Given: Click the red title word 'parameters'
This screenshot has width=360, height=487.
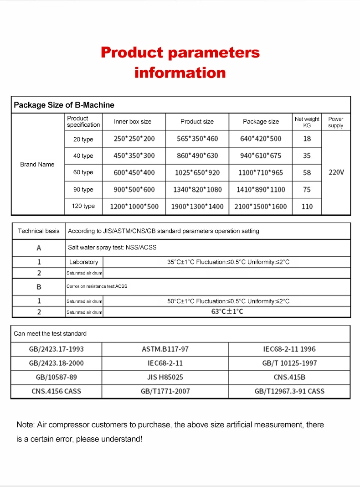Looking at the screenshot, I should point(214,52).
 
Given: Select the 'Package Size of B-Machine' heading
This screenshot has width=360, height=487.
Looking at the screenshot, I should point(64,105).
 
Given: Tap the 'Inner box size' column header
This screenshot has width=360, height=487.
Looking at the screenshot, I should point(133,122).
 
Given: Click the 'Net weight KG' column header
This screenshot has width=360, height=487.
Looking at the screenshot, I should point(307,122).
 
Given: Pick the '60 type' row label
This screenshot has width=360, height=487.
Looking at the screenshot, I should point(83,172).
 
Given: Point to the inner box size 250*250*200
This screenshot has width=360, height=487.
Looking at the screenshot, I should point(134,139).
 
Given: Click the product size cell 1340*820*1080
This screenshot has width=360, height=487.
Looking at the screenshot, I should point(197,189).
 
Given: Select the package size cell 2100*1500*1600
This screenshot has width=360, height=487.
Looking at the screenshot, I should point(261,206).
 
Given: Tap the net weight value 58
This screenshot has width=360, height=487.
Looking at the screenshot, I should point(307,172).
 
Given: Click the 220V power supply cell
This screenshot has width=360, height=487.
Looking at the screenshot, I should point(336,172).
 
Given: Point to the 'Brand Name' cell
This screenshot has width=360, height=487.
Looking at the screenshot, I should point(37,164).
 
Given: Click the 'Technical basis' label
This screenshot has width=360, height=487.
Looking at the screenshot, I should point(39,231).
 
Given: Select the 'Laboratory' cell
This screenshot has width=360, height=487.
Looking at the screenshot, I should point(84,262).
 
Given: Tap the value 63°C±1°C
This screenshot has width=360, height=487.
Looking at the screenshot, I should point(227,312).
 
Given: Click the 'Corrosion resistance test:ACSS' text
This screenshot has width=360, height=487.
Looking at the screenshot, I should point(97,286).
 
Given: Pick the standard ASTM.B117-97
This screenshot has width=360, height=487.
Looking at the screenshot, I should point(165,349).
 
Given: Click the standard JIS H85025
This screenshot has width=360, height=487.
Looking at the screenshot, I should point(165,377).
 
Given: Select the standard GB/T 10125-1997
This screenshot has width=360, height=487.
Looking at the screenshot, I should point(289,363).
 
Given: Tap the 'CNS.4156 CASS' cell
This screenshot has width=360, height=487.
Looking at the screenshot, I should point(57,391).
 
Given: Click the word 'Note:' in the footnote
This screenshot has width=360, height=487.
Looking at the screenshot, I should point(25,425).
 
